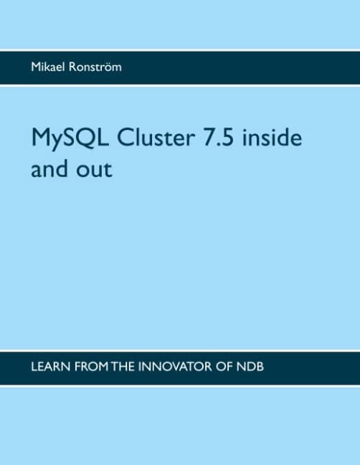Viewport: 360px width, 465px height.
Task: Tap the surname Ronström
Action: [x=98, y=67]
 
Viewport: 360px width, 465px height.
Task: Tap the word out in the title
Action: [x=96, y=171]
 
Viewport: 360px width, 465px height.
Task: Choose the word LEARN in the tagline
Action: [x=49, y=367]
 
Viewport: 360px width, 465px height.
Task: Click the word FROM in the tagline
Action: [x=94, y=367]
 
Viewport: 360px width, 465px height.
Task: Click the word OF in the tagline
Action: [x=237, y=367]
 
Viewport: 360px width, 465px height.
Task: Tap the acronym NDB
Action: [x=267, y=367]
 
